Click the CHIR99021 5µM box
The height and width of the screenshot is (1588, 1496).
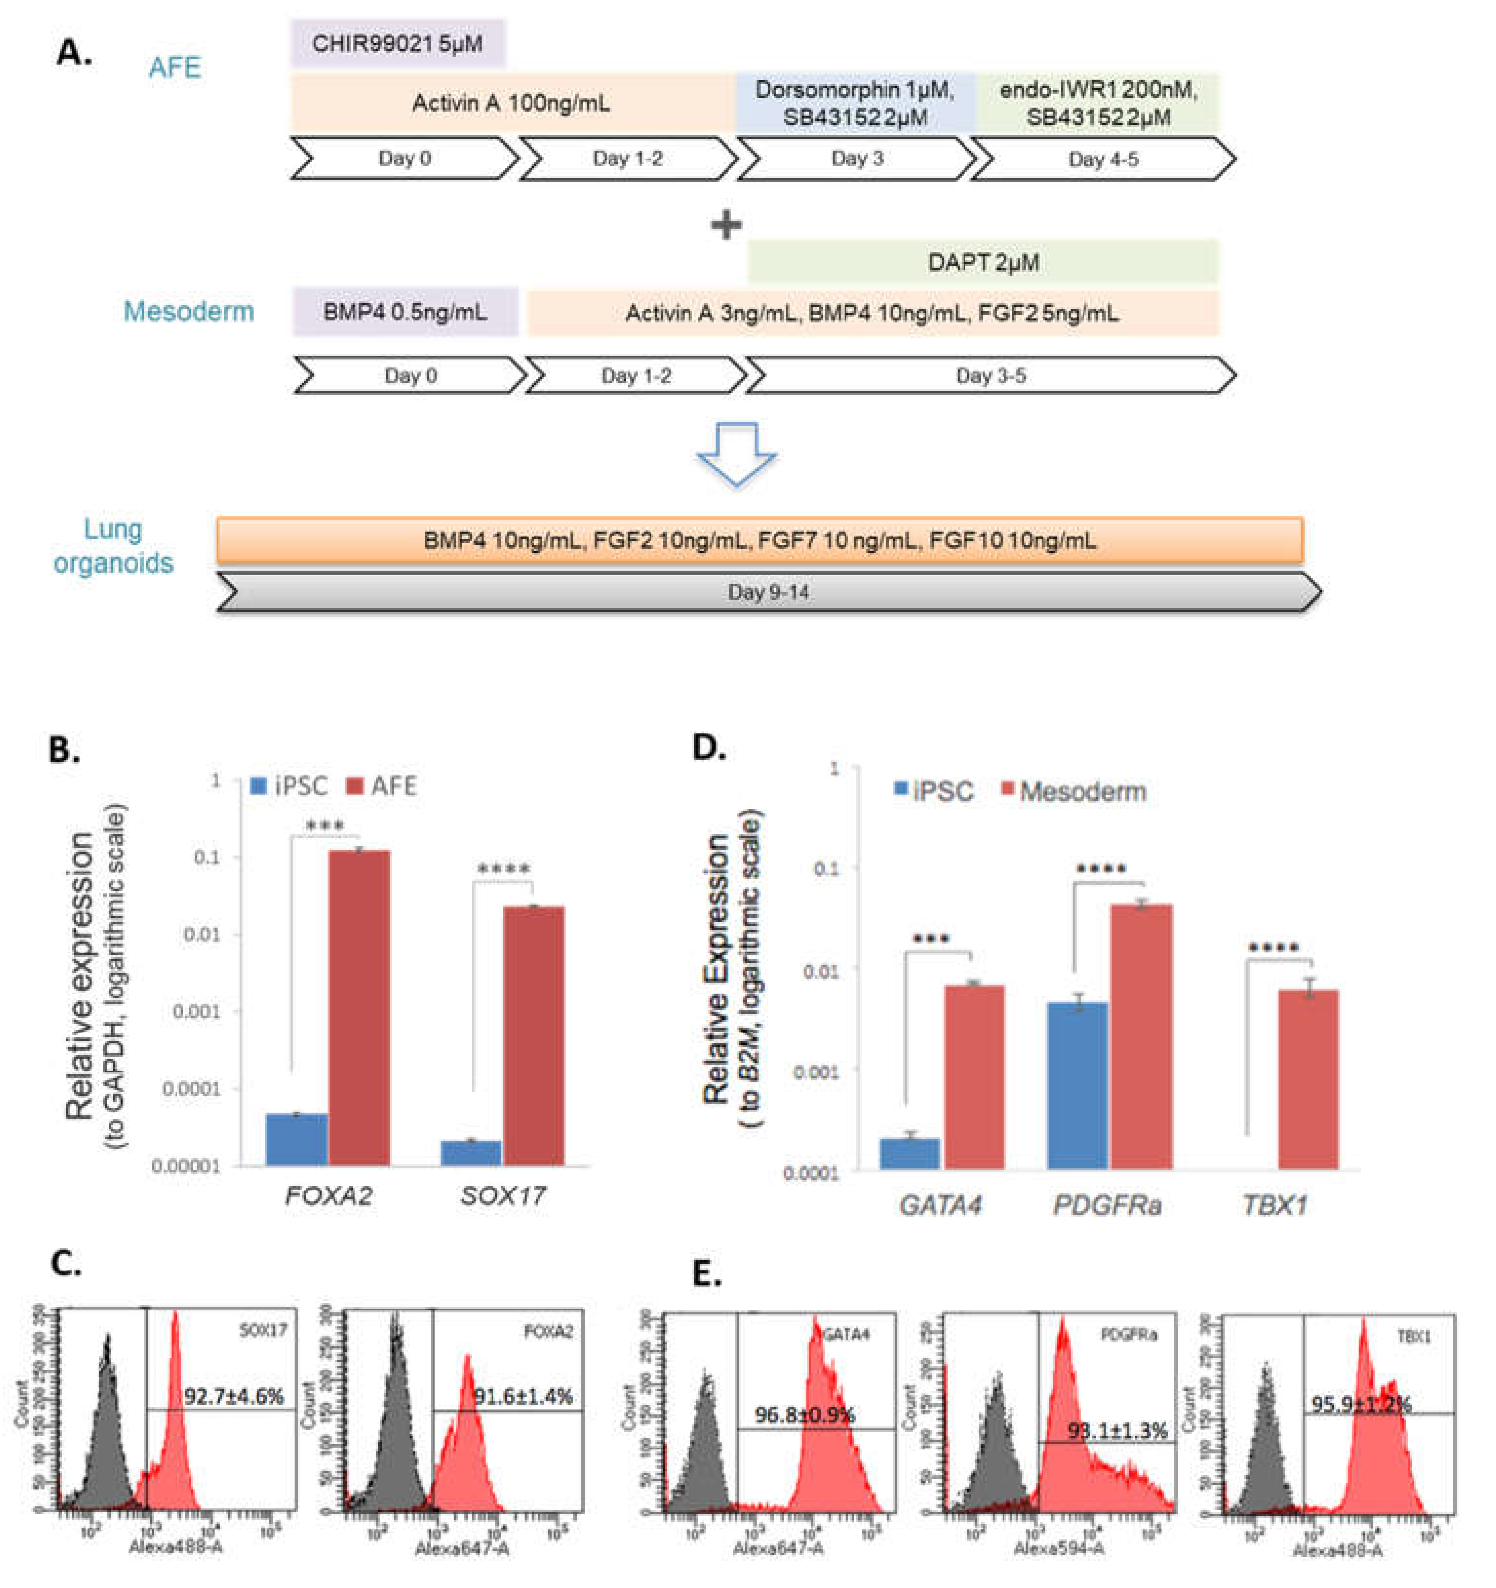point(397,43)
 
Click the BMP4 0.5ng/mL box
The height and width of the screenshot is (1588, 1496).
point(404,312)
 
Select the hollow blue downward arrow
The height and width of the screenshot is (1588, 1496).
point(736,453)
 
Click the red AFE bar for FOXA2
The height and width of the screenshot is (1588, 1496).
point(359,1007)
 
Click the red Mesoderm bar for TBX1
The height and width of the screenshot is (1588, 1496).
point(1307,1078)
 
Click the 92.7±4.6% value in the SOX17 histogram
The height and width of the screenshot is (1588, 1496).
point(234,1396)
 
